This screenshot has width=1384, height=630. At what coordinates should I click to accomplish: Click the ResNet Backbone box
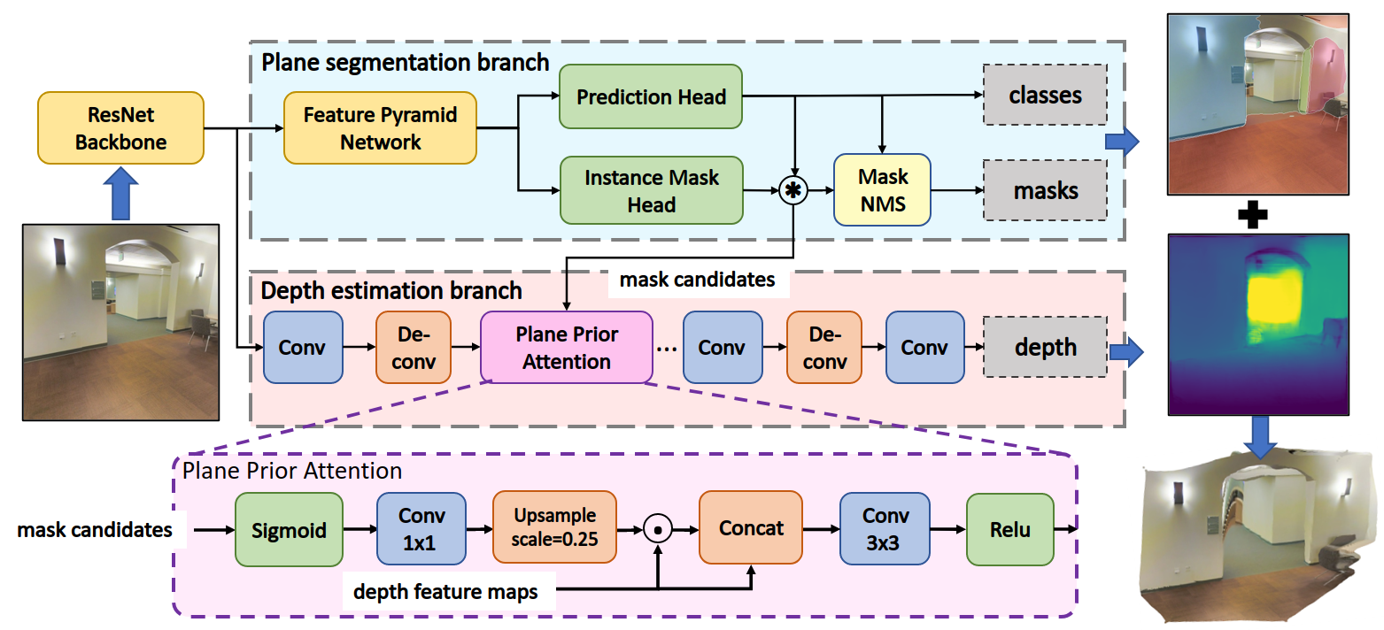click(120, 128)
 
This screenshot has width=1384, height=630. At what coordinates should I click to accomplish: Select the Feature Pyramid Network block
click(381, 128)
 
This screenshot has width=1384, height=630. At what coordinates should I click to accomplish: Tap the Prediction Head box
click(651, 97)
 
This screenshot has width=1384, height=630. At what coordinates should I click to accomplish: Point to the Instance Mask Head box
click(651, 190)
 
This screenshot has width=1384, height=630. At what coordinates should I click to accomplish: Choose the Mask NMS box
click(882, 190)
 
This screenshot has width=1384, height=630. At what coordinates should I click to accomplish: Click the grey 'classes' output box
click(1045, 95)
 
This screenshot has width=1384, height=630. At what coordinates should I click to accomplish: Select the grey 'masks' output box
click(1045, 190)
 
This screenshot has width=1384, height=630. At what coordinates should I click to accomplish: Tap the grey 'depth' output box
click(1045, 347)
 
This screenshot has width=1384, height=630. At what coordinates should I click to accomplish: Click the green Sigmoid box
click(288, 529)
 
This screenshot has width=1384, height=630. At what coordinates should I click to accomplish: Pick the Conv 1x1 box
click(421, 529)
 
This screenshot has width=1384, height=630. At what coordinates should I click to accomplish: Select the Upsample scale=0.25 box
click(553, 527)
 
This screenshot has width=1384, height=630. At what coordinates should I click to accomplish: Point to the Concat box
click(751, 528)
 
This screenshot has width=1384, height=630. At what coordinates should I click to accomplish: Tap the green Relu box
click(1010, 529)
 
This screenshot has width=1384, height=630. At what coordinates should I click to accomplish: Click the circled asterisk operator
click(793, 190)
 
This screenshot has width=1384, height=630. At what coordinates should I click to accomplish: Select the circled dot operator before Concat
click(656, 529)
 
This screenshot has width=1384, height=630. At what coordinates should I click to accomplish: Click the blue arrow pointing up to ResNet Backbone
click(120, 195)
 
